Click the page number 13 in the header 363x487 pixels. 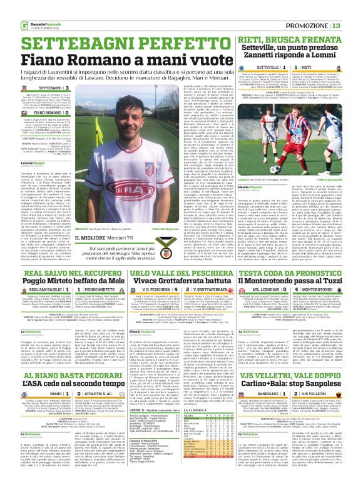(354, 8)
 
